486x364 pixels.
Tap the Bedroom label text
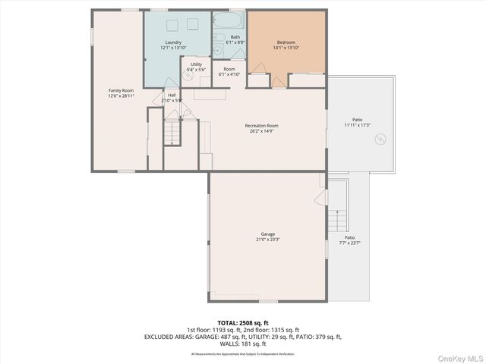[286, 42]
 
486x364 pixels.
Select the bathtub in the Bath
[228, 20]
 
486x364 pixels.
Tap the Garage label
[267, 234]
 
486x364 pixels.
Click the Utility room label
[196, 64]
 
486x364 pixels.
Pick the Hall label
[172, 96]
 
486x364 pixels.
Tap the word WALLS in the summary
[227, 344]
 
